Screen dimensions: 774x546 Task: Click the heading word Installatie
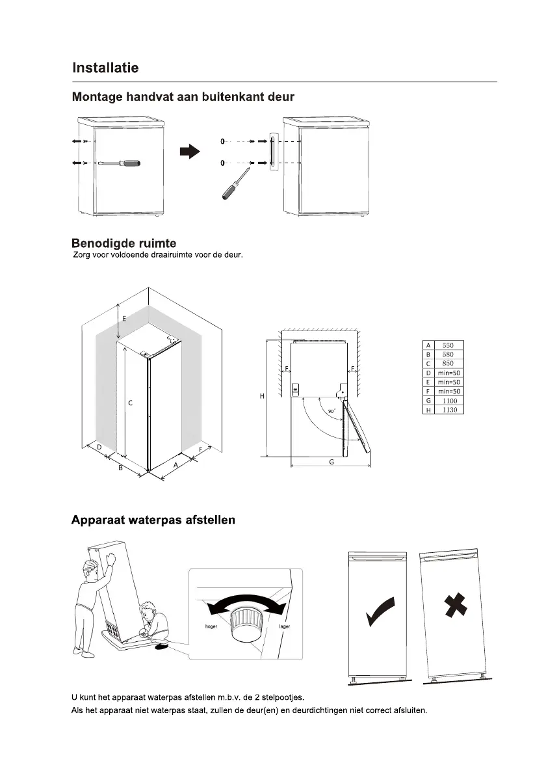click(x=105, y=68)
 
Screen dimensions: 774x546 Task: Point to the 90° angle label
click(x=331, y=412)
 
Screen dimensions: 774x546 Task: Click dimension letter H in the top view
click(x=261, y=395)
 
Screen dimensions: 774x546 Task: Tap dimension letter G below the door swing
click(x=331, y=462)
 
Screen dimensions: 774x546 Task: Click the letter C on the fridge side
click(x=130, y=403)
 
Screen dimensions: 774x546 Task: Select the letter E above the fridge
click(x=124, y=319)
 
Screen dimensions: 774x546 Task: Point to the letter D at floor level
click(x=99, y=447)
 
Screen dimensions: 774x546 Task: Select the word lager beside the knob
click(x=284, y=626)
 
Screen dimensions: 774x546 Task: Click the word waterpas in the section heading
click(x=155, y=520)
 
